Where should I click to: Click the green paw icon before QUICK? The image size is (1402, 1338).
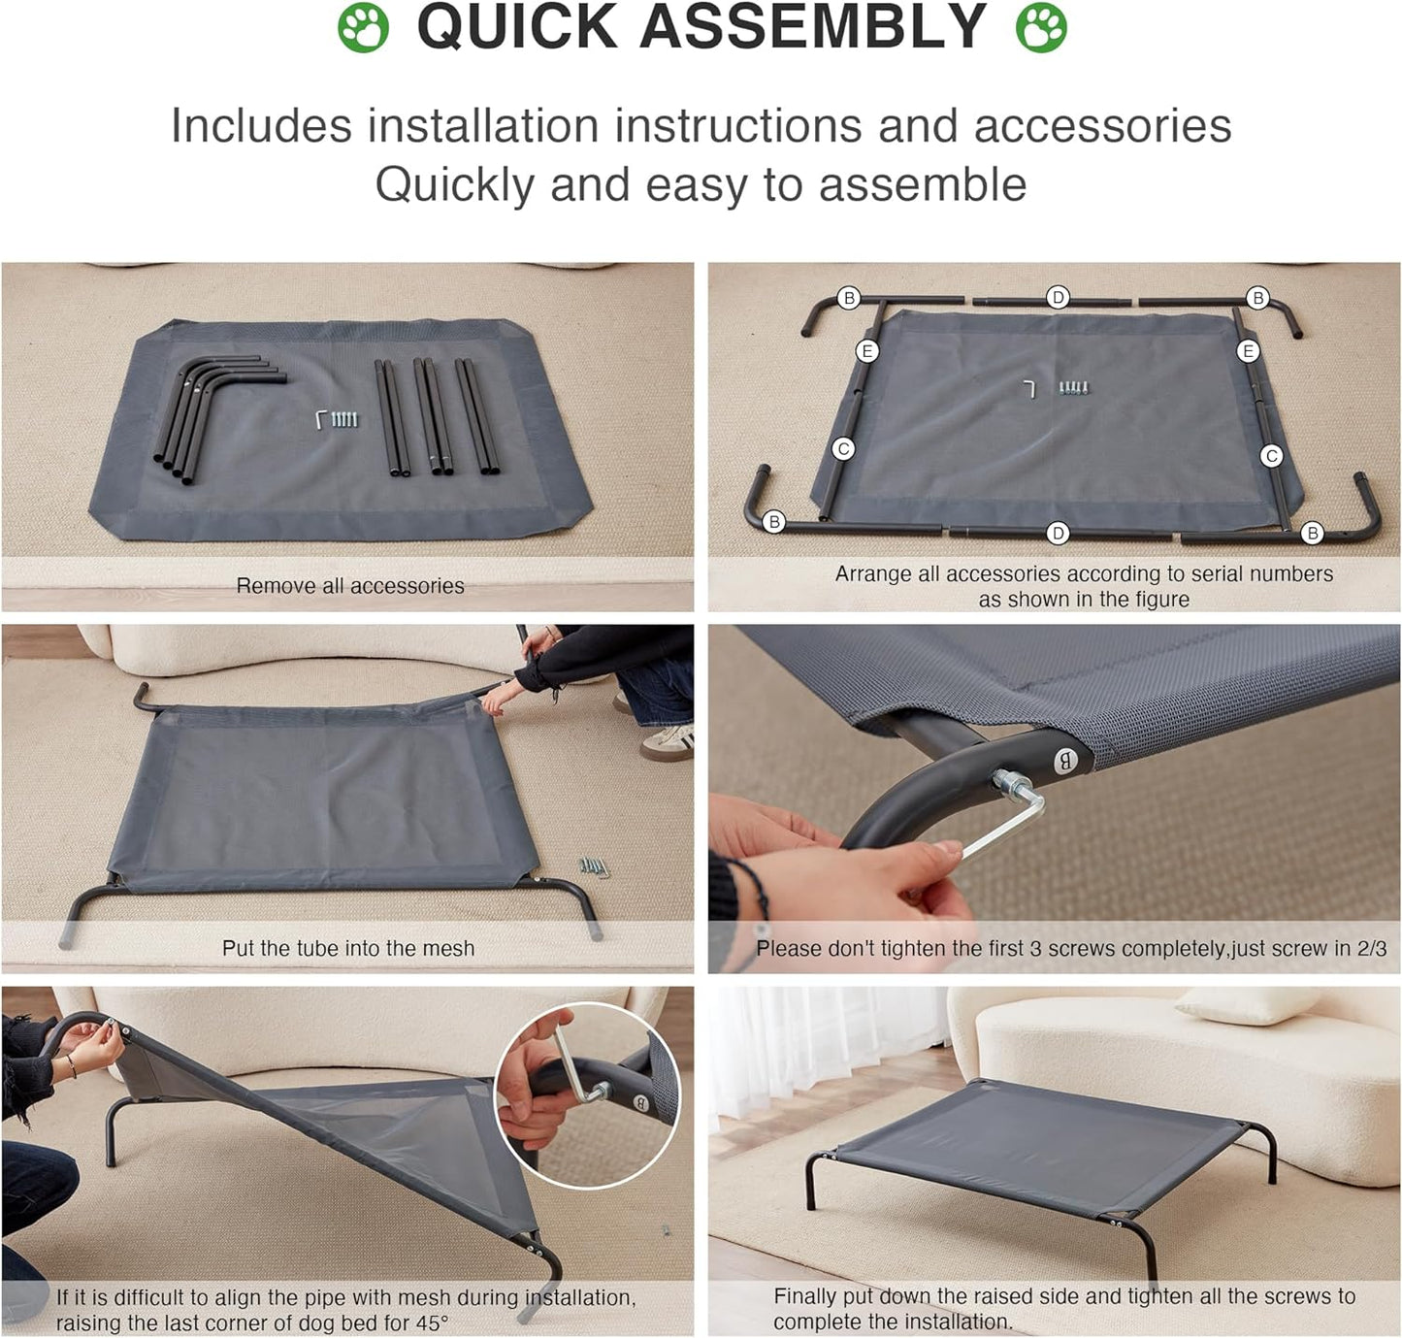tap(363, 28)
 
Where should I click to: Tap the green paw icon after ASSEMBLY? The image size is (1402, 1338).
tap(1041, 28)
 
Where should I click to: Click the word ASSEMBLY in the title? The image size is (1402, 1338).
tap(813, 27)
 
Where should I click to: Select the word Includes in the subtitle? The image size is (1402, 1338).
tap(261, 125)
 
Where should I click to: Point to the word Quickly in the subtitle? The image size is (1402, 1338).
tap(455, 185)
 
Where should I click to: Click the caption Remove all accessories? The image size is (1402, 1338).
tap(350, 585)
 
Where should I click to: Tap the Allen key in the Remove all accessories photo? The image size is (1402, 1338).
tap(321, 419)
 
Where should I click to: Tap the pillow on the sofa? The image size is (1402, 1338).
tap(1246, 1005)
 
